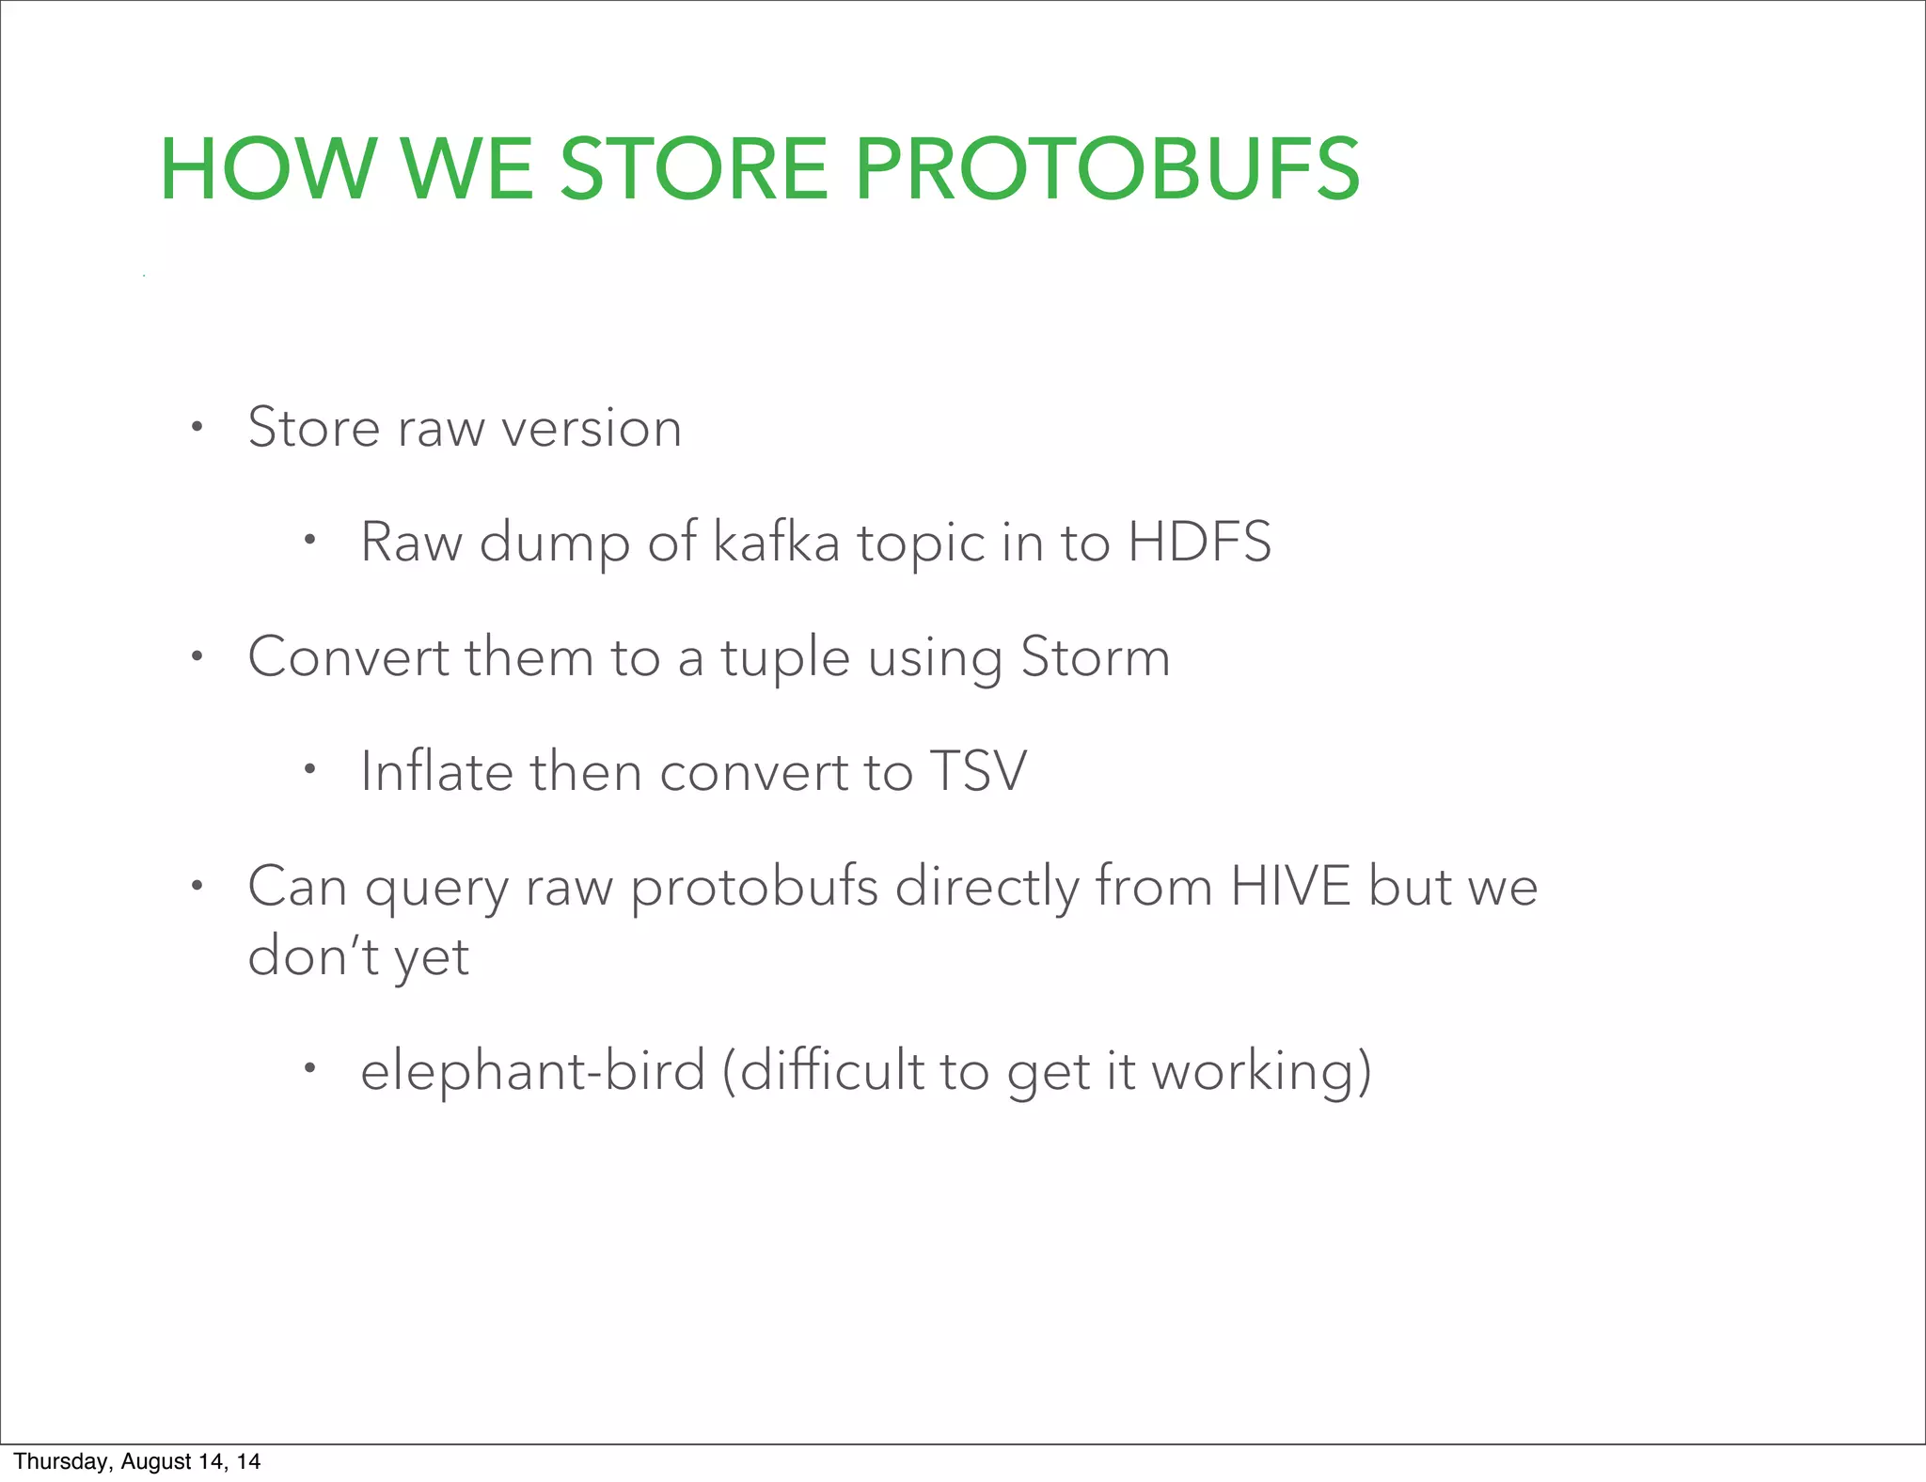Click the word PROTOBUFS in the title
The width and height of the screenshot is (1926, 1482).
1107,170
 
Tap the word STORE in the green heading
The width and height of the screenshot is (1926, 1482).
694,170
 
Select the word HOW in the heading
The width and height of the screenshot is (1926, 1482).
268,170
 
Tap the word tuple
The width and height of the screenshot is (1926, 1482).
785,658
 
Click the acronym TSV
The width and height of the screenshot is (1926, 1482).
978,772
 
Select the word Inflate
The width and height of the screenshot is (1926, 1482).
436,772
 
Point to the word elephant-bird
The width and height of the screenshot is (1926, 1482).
532,1071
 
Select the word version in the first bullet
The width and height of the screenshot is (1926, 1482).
592,429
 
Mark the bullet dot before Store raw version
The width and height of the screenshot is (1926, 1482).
196,428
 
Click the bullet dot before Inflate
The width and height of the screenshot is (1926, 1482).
308,771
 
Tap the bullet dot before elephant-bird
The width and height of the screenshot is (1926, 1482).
308,1068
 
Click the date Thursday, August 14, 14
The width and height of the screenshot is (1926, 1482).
137,1461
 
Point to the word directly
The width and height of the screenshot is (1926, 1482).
987,888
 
